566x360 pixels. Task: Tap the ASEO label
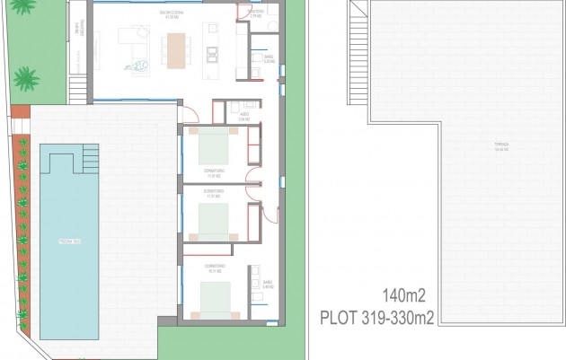(244, 116)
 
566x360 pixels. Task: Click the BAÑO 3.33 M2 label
(268, 58)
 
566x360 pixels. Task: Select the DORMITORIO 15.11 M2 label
(213, 268)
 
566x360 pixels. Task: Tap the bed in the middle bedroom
(215, 215)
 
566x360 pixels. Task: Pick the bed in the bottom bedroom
(215, 294)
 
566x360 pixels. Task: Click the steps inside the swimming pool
(88, 161)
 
